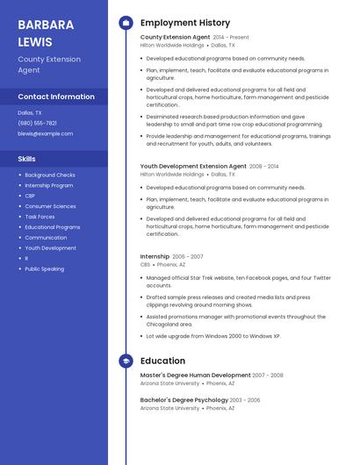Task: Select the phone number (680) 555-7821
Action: (x=37, y=123)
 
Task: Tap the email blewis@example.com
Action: (x=46, y=133)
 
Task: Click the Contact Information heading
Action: (x=56, y=97)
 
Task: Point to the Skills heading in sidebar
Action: (x=27, y=159)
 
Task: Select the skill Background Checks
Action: (x=50, y=175)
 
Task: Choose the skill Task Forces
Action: (x=40, y=217)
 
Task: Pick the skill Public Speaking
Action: (x=44, y=268)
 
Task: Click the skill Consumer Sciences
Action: (x=50, y=206)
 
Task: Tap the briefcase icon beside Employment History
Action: (x=126, y=23)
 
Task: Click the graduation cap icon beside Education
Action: (x=126, y=361)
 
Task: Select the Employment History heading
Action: (x=185, y=23)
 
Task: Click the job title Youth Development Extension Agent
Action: (x=193, y=166)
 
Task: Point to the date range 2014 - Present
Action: (x=231, y=38)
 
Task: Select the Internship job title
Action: (x=155, y=256)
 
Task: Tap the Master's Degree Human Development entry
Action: (x=195, y=375)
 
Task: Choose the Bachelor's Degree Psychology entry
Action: (x=184, y=400)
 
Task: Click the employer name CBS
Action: (x=146, y=264)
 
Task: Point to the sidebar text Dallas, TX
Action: (x=29, y=112)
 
